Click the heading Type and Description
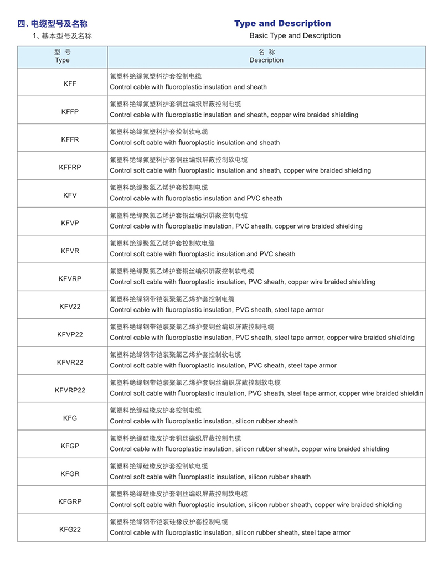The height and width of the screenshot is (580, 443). (x=282, y=23)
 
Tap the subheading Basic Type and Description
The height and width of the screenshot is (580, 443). (x=295, y=35)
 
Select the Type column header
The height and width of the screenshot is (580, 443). (x=63, y=56)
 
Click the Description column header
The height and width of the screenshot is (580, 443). (x=266, y=56)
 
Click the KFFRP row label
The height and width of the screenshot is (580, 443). (x=70, y=167)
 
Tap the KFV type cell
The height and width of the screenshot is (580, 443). (x=70, y=195)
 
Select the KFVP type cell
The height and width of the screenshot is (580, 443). (x=70, y=223)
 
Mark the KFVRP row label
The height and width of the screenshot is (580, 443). (x=70, y=278)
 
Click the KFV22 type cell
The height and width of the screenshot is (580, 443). (x=70, y=306)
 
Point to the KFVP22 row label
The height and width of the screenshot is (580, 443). (x=70, y=334)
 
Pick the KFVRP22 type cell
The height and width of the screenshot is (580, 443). (x=70, y=390)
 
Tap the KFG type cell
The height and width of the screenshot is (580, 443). (x=70, y=418)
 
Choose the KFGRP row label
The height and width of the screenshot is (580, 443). (x=70, y=501)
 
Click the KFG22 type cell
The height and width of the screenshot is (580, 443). (x=70, y=529)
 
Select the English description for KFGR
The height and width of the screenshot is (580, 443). (x=210, y=477)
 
